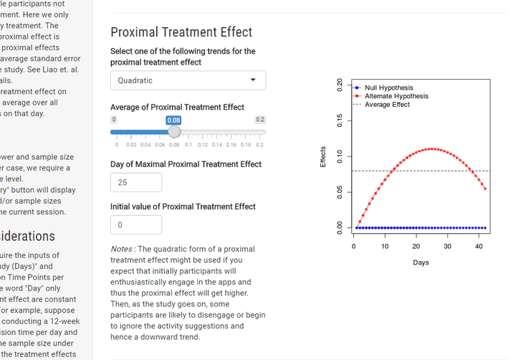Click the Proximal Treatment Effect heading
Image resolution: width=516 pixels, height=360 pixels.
[x=181, y=32]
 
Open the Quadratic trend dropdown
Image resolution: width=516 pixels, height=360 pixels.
[x=188, y=80]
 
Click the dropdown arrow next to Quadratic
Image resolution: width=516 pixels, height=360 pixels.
[x=253, y=80]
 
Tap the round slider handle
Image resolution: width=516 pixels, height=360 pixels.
[x=173, y=132]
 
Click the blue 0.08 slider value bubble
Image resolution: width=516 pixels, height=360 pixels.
[x=173, y=120]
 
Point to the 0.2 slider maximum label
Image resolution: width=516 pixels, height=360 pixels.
[x=260, y=120]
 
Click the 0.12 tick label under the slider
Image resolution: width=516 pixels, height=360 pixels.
[x=203, y=145]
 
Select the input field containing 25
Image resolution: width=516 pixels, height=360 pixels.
[x=136, y=182]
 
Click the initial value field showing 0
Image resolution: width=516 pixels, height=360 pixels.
[x=136, y=224]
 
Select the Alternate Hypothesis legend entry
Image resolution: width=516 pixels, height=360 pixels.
[x=396, y=96]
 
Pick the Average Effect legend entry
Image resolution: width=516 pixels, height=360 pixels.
[x=387, y=105]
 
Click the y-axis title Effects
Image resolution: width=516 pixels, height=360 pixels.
[x=324, y=157]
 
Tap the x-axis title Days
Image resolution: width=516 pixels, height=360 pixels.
[x=421, y=262]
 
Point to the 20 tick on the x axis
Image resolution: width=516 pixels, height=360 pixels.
[x=416, y=247]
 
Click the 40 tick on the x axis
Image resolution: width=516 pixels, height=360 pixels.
[x=479, y=247]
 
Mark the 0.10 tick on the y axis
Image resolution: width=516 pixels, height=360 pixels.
[x=340, y=156]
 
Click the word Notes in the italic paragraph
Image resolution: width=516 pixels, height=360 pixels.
[x=121, y=249]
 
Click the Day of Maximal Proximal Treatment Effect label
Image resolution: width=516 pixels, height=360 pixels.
[x=186, y=164]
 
